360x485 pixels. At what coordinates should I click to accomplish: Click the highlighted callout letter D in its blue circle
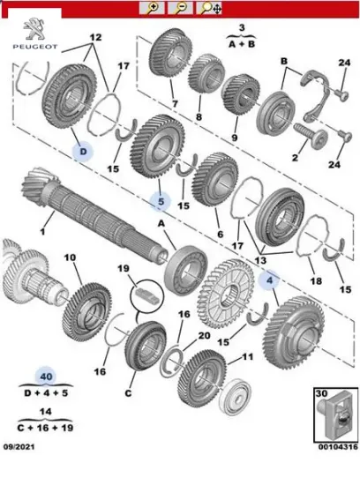[81, 152]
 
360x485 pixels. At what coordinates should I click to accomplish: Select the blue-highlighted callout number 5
[161, 201]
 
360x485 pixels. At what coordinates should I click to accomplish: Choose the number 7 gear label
[174, 104]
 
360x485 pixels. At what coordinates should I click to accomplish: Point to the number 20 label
[203, 335]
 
